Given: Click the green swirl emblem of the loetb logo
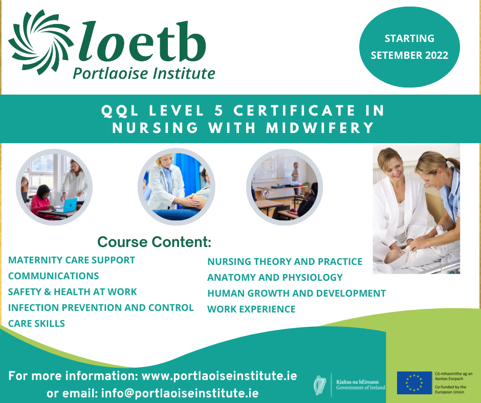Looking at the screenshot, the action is coord(41,42).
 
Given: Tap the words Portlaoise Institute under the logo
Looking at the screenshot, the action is coord(144,74).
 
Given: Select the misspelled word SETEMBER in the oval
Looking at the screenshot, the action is coord(391,55).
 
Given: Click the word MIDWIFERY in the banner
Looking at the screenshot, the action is coord(320,128).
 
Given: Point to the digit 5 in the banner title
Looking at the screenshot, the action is coord(218,110).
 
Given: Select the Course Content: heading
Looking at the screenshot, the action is coord(155,242).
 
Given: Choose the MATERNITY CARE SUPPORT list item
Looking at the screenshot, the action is coord(72,260).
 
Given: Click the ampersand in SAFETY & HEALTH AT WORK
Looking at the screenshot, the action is coord(48,292).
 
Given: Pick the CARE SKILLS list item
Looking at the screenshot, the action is coord(36,323).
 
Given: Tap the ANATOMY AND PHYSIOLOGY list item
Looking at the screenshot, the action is coord(275,277).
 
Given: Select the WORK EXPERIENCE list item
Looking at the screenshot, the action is coord(251,309).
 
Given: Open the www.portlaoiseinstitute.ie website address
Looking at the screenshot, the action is coord(220,376).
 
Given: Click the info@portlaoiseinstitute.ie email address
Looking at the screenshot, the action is coord(180,393).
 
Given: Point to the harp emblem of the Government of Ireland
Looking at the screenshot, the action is coord(320,385).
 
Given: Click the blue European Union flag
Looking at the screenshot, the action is coord(414,383).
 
